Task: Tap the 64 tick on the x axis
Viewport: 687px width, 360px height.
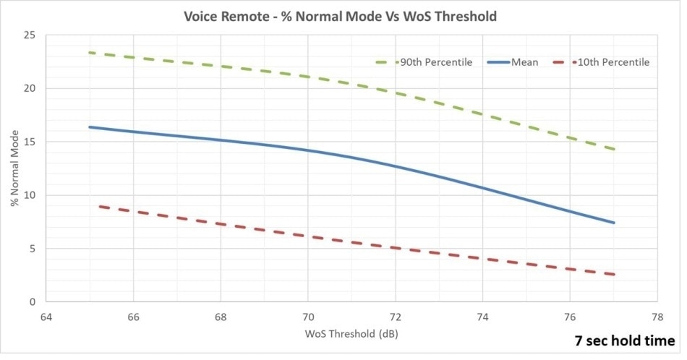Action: coord(46,315)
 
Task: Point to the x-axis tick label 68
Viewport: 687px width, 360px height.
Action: coord(221,315)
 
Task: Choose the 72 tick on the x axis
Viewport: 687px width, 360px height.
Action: coord(396,315)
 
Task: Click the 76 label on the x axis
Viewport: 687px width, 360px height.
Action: coord(570,315)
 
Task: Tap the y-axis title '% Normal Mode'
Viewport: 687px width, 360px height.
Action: coord(14,168)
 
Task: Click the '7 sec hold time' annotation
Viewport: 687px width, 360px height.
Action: coord(626,340)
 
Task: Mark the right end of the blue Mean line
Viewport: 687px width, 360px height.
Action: coord(614,223)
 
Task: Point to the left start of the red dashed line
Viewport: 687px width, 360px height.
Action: coord(99,206)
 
